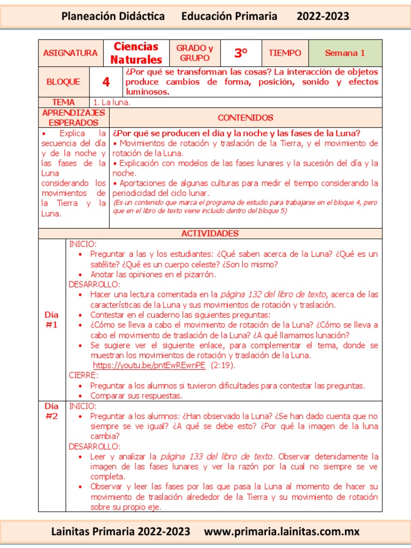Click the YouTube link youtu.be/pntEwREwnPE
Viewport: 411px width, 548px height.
[x=149, y=366]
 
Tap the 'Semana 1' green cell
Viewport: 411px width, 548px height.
[x=345, y=53]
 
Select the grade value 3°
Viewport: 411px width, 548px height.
[x=241, y=53]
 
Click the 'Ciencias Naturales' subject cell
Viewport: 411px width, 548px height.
[x=136, y=53]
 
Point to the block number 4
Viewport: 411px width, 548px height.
[x=106, y=82]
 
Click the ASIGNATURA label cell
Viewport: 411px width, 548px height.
[x=70, y=53]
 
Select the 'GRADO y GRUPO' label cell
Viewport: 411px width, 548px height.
[x=195, y=53]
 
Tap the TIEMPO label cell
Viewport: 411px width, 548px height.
[x=285, y=53]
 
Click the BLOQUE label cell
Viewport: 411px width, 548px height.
[x=63, y=82]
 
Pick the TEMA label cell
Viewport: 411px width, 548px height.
[x=63, y=102]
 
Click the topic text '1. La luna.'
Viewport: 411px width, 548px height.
[x=112, y=102]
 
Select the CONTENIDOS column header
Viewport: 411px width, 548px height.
[x=246, y=118]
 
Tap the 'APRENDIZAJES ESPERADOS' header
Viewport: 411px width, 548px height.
[x=73, y=118]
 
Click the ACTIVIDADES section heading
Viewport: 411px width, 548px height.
[x=210, y=233]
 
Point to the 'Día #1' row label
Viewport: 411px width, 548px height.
[x=51, y=319]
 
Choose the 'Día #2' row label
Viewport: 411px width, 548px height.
[x=51, y=412]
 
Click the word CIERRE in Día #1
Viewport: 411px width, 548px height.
[x=83, y=376]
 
